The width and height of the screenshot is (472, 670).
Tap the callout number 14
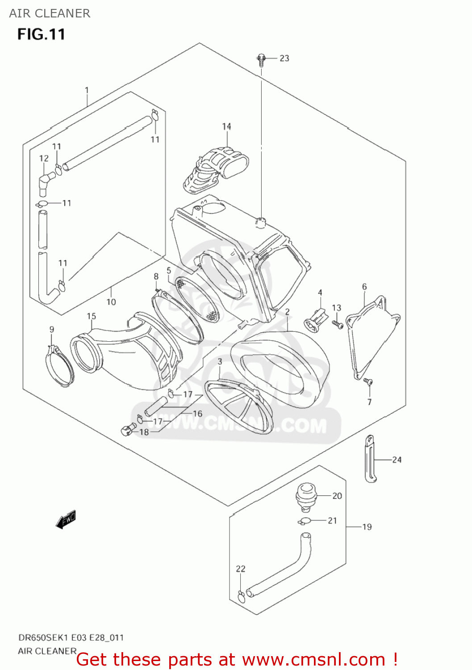pyautogui.click(x=226, y=126)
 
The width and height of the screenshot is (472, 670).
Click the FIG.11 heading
pyautogui.click(x=41, y=34)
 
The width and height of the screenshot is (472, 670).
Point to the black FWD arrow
pyautogui.click(x=66, y=519)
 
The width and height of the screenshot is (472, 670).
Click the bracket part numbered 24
pyautogui.click(x=370, y=459)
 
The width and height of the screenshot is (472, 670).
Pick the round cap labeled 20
pyautogui.click(x=306, y=496)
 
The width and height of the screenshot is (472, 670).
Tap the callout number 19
pyautogui.click(x=367, y=527)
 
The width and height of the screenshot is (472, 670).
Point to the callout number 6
pyautogui.click(x=364, y=286)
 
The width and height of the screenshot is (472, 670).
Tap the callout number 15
pyautogui.click(x=91, y=316)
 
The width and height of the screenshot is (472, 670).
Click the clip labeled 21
pyautogui.click(x=305, y=520)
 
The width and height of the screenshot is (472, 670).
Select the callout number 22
pyautogui.click(x=240, y=569)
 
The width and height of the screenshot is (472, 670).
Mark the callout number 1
pyautogui.click(x=87, y=90)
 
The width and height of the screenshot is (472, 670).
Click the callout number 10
pyautogui.click(x=111, y=302)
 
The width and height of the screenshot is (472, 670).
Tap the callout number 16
pyautogui.click(x=197, y=414)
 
